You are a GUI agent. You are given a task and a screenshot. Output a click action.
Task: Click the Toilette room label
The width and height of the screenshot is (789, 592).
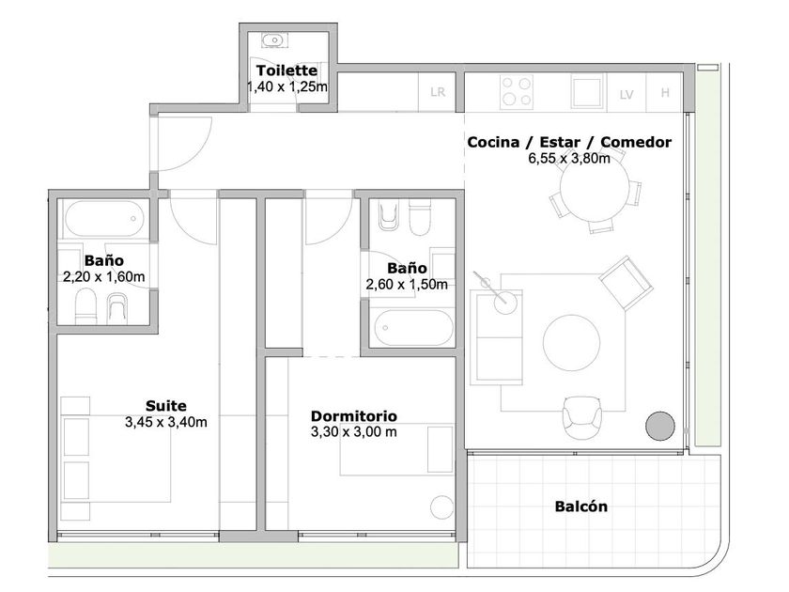coord(286,70)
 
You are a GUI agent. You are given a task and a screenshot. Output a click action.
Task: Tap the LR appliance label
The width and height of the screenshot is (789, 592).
coord(438,92)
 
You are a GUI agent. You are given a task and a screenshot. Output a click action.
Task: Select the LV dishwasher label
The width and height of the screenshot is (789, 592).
coord(627,95)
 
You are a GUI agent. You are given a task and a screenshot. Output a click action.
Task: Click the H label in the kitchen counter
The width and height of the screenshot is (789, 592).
coord(665,93)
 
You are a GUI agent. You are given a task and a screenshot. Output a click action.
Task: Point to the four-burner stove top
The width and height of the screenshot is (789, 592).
coord(517,92)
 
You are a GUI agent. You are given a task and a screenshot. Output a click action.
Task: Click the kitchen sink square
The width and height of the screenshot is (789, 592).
coord(587,92)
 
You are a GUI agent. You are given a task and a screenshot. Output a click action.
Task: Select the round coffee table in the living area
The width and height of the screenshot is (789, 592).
coord(571,342)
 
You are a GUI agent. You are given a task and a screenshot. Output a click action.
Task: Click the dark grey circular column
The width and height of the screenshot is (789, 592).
coord(660,426)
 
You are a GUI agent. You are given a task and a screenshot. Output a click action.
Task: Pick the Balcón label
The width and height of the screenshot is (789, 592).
coord(581,506)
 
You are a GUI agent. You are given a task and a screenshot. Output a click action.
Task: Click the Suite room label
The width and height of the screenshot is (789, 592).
coord(166,406)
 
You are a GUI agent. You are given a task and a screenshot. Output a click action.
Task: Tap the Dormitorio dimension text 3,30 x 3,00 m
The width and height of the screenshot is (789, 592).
coord(354,431)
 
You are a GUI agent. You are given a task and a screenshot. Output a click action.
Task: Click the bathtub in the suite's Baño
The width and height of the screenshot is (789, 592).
coord(104,219)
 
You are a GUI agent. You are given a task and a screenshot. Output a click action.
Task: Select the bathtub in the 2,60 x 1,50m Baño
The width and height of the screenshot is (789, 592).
coord(413,327)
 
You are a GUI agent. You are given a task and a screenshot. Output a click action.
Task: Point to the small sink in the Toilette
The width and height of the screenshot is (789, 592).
coord(273,39)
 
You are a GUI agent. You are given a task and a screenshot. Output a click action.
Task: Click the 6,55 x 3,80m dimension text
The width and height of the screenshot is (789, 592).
coord(569,158)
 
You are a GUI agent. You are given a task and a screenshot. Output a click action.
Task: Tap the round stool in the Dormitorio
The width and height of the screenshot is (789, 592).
coord(442,507)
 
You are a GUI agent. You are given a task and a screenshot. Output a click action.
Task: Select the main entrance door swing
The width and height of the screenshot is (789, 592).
coord(184,144)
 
